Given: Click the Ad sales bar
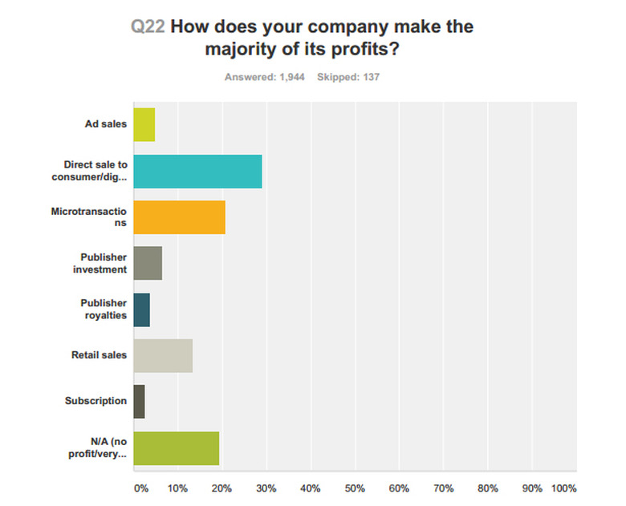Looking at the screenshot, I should tap(144, 124).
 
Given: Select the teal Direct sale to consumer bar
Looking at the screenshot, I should tap(197, 171).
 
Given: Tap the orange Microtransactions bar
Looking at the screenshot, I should tap(179, 217).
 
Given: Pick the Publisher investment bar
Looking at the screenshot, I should tap(148, 263).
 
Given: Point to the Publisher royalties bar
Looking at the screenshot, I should tap(141, 310).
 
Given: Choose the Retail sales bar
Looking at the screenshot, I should tap(163, 355).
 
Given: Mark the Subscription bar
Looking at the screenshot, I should tap(139, 401).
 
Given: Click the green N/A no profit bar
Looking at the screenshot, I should tap(177, 447).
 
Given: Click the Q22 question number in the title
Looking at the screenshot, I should tap(148, 26).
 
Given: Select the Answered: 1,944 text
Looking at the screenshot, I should tap(264, 77).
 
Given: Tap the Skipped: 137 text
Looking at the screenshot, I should tap(348, 77).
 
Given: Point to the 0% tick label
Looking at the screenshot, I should tap(140, 488).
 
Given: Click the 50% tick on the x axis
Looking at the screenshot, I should tap(355, 488).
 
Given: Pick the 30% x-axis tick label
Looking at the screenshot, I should tap(266, 488).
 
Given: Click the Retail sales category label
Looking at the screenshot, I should tap(100, 355).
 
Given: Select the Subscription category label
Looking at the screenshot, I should tap(96, 401).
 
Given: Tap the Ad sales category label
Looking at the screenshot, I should tap(106, 124).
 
